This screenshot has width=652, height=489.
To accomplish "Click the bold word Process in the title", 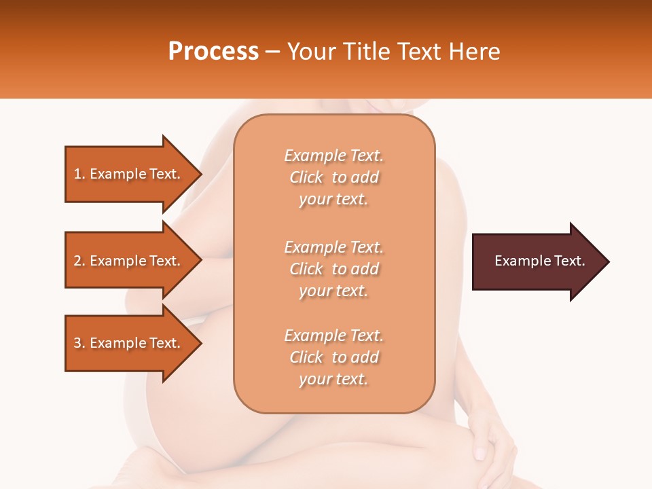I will coord(213,52).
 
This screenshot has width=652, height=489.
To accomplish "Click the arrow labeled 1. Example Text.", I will coord(129,174).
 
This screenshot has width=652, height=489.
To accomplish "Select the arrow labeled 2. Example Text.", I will coord(129,261).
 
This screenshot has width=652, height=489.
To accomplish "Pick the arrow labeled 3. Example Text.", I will coord(129,343).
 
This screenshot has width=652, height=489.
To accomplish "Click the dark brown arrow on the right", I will coord(537,261).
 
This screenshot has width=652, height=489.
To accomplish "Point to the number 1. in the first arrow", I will coord(79,174).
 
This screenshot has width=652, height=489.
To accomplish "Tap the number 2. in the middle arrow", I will coord(79,261).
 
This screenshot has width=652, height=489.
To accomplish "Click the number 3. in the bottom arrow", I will coord(79,343).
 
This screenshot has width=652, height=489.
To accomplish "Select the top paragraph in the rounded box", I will coord(333,177).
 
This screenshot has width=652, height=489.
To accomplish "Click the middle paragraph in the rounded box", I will coord(333,269).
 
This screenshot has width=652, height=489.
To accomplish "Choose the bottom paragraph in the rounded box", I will coord(333,357).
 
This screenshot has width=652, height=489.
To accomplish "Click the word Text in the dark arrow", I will coord(570,261).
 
